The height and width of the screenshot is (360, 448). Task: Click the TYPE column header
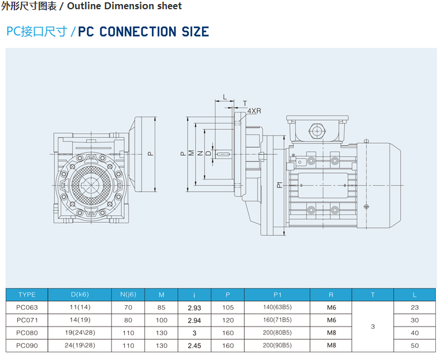point(27,295)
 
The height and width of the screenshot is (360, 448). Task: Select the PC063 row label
point(27,307)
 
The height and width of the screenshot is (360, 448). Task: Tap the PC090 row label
point(27,346)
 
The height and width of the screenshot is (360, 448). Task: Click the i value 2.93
point(195,307)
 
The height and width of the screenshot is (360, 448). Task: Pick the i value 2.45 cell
point(195,346)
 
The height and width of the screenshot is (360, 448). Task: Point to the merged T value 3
point(373,327)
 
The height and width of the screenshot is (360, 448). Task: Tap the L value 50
point(415,346)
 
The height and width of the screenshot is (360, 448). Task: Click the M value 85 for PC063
point(162,307)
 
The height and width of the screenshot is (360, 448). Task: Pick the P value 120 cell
point(228,320)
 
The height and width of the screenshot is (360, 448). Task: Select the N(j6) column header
point(128,295)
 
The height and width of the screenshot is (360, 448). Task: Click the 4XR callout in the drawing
point(253,110)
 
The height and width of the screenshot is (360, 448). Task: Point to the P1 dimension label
point(279,185)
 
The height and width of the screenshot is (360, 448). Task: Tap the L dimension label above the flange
point(225,97)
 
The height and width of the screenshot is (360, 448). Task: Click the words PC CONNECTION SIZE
point(143,32)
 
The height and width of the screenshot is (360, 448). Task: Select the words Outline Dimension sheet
point(125,6)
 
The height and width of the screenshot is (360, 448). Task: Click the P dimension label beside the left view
point(150,153)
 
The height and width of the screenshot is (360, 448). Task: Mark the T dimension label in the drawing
point(244,103)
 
